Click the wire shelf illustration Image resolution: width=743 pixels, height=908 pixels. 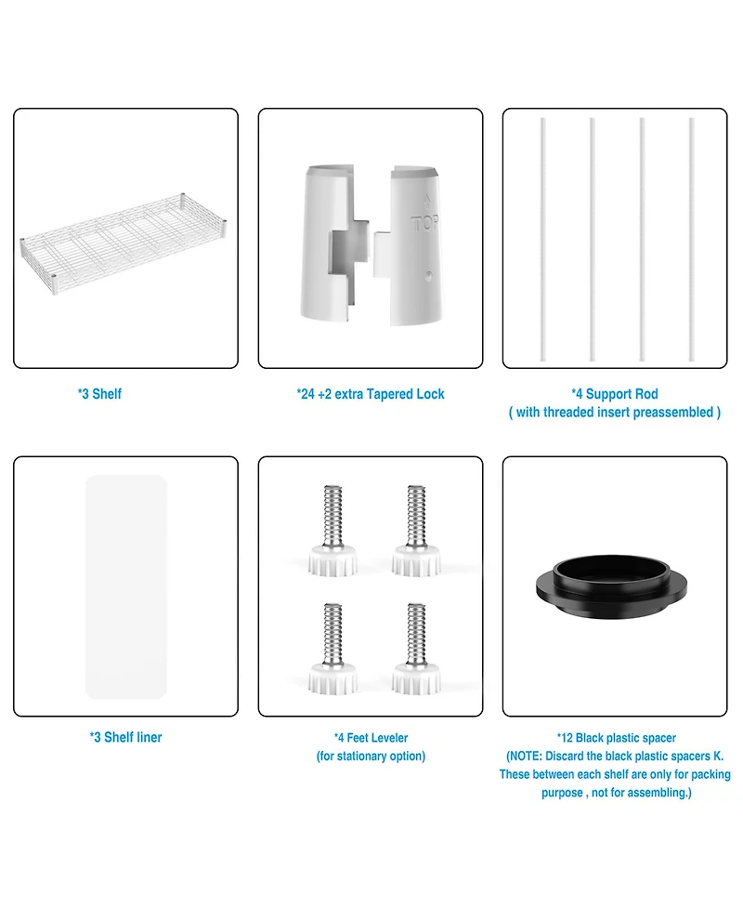point(124,243)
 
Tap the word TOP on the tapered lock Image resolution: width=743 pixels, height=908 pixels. point(424,224)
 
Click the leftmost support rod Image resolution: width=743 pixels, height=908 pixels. point(542,239)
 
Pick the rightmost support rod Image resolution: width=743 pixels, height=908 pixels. point(692,239)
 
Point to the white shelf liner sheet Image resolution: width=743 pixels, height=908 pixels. point(126,586)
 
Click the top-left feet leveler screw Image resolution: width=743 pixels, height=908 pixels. point(332,531)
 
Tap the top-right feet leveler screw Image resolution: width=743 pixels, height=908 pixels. point(416,531)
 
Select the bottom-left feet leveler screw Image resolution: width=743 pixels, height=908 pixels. point(332,649)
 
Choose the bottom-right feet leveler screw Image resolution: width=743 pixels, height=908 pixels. point(416,649)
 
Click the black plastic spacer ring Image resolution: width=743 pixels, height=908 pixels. point(612,587)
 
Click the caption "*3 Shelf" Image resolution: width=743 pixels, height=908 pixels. point(99,394)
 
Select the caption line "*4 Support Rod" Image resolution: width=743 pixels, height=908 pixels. point(615,394)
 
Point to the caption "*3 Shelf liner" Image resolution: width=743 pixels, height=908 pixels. point(125,737)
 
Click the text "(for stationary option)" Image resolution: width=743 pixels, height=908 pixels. point(371,757)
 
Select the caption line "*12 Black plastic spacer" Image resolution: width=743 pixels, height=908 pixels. point(617,738)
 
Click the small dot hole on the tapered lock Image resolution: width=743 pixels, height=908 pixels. point(428,276)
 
